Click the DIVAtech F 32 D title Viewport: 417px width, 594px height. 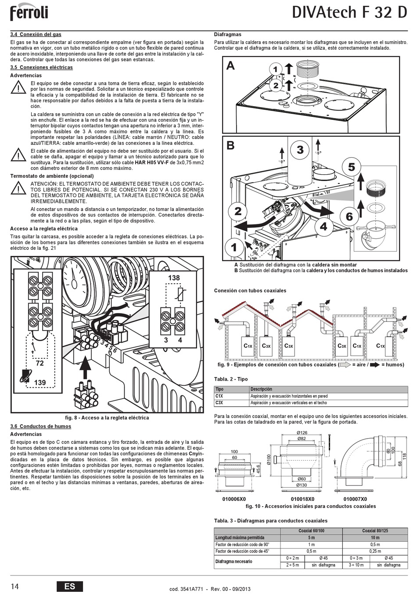[349, 13]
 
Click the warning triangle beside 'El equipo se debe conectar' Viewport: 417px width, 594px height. [18, 88]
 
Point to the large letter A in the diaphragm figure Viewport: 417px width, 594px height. [230, 66]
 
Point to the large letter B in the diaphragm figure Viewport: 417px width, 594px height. [230, 145]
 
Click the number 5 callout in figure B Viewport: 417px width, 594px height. [352, 167]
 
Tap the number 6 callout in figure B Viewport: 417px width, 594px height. [349, 216]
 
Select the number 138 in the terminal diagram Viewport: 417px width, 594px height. [174, 278]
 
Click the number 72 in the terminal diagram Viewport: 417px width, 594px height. [40, 364]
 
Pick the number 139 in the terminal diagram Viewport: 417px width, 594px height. [40, 382]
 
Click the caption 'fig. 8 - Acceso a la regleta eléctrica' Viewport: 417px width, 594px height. [107, 418]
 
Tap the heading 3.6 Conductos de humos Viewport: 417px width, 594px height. [40, 426]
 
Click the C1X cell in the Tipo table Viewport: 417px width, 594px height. [219, 396]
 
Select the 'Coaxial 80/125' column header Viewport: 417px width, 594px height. [375, 530]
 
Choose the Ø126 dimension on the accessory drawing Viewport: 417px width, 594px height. [302, 433]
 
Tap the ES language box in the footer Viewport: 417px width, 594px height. [69, 586]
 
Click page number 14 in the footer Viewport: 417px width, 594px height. [15, 586]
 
